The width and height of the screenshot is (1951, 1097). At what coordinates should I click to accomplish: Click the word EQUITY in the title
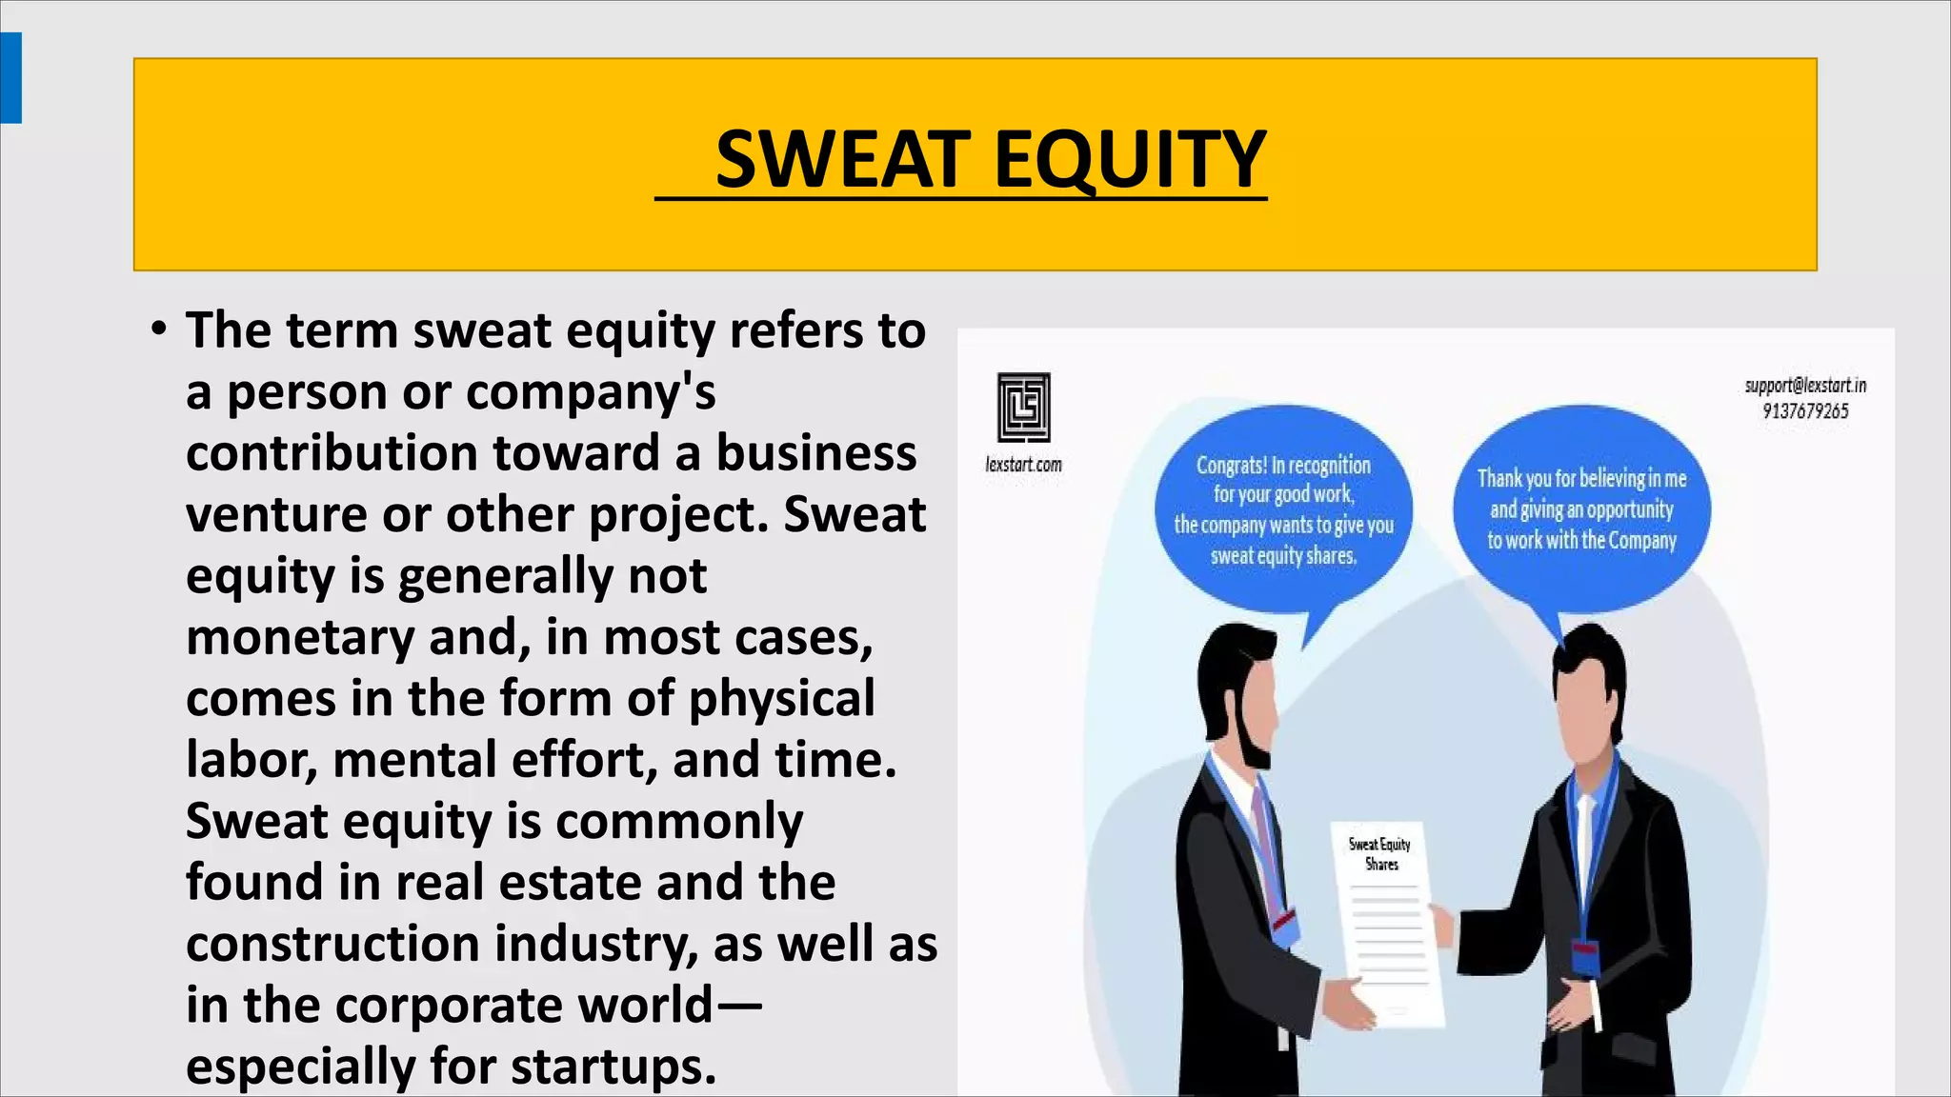1130,159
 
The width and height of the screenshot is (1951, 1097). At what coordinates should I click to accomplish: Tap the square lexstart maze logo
1024,407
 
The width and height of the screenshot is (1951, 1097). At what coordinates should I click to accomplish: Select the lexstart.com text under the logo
1023,465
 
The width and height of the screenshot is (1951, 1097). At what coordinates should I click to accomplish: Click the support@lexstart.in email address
1805,386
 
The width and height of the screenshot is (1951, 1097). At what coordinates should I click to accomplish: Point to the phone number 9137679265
1805,411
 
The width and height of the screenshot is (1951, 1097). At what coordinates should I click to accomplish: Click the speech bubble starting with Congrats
1283,510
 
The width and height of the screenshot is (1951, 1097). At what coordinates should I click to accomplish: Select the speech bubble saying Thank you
1581,509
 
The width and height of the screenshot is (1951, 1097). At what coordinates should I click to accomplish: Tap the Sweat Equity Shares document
1386,919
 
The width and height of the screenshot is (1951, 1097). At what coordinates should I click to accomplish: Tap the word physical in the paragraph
781,699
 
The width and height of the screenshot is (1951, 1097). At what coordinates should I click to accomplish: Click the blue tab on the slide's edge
10,77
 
